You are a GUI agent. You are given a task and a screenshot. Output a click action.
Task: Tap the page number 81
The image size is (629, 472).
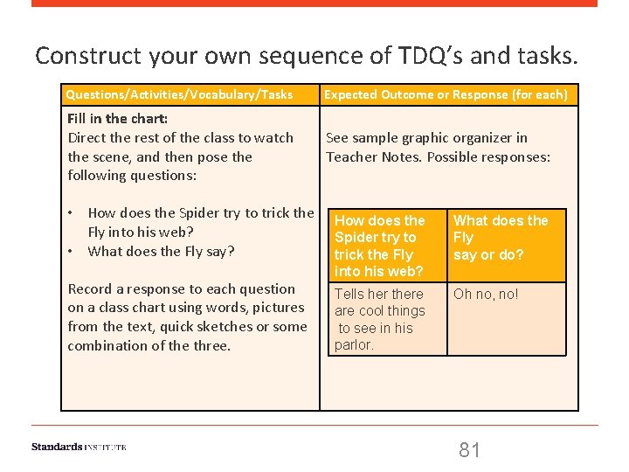(470, 450)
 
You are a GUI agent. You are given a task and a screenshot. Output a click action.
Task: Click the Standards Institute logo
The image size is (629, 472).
(79, 447)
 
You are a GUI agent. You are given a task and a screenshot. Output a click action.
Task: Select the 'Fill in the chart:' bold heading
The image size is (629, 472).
(118, 119)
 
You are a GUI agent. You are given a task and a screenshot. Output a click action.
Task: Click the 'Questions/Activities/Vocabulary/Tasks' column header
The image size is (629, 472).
(180, 94)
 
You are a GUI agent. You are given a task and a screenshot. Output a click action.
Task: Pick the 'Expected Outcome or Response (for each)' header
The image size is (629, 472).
(446, 94)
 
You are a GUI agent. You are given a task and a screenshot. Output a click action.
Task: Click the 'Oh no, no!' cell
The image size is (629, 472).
(486, 295)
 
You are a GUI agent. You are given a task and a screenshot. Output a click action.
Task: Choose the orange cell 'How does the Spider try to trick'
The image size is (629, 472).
(382, 246)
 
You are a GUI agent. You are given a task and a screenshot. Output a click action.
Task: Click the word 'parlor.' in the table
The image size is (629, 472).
(354, 345)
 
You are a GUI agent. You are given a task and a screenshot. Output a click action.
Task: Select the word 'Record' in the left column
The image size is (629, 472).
(90, 288)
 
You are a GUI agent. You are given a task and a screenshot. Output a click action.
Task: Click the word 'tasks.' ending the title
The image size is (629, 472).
(552, 57)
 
